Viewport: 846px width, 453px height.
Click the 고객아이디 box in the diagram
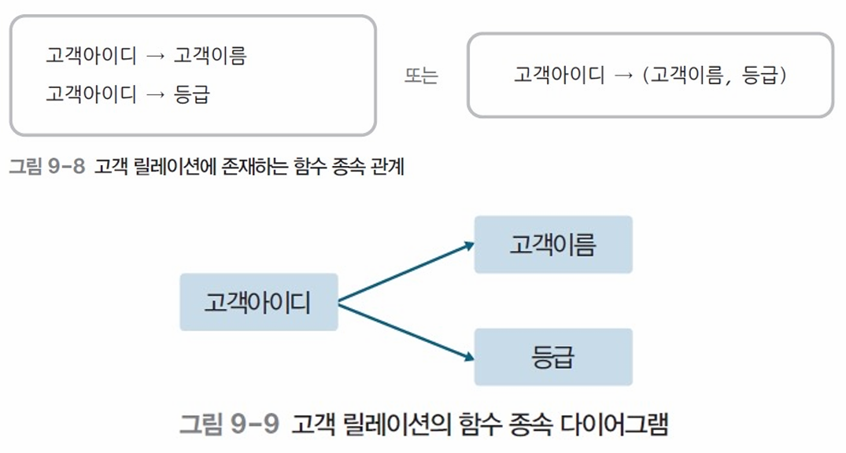coord(258,302)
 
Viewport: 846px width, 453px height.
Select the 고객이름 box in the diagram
coord(552,245)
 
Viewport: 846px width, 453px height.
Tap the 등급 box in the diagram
coord(552,357)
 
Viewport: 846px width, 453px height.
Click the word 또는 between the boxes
coord(421,76)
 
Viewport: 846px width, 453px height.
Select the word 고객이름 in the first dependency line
coord(210,57)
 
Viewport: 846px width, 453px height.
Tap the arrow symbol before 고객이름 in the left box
coord(155,57)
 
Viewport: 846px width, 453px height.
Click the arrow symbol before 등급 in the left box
coord(155,95)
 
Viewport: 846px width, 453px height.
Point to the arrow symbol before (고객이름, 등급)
coord(623,75)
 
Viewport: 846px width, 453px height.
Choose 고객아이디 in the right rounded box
coord(559,75)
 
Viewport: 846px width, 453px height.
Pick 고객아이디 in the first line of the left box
coord(91,57)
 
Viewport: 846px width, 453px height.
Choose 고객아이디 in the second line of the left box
coord(91,95)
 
